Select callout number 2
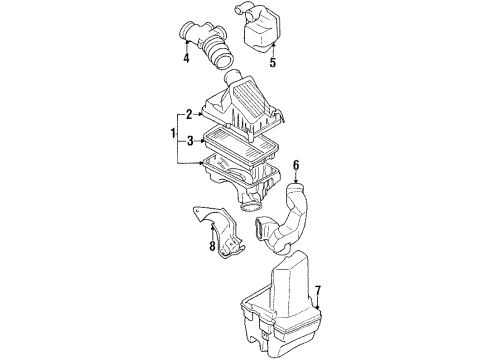pos(188,116)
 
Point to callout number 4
pos(184,57)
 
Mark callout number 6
pos(296,164)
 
